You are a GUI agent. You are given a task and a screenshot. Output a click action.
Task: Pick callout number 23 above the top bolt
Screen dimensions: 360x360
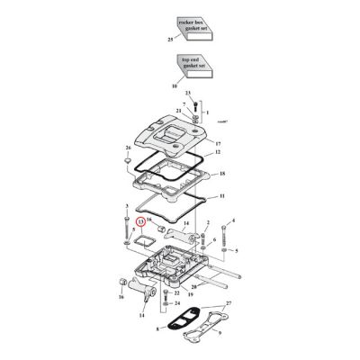(x=188, y=94)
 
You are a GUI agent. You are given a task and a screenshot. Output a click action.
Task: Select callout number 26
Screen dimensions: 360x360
(x=129, y=146)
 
